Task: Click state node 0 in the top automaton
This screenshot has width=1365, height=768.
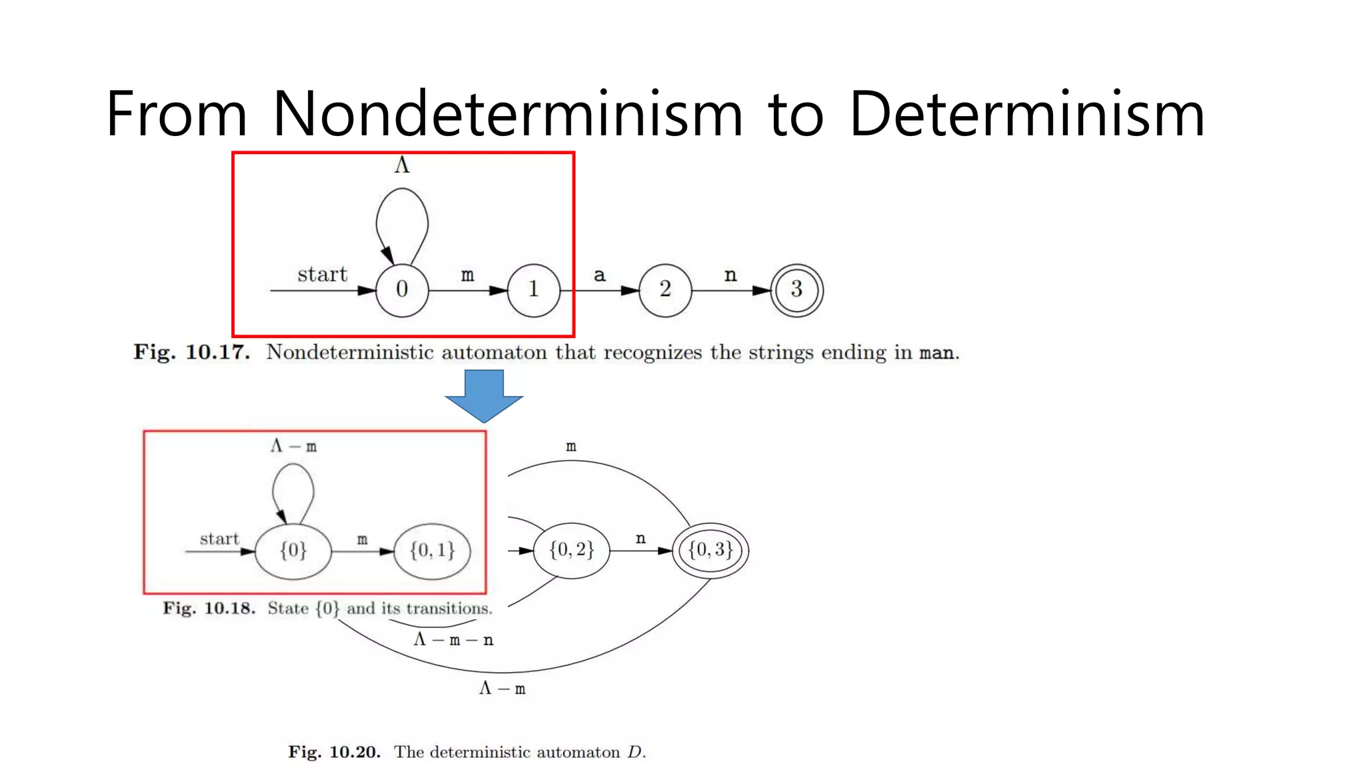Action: (x=402, y=290)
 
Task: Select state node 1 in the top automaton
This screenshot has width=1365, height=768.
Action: (x=533, y=290)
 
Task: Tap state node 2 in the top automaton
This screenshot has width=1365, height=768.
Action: (x=665, y=290)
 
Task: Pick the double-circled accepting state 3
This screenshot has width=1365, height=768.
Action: (x=796, y=290)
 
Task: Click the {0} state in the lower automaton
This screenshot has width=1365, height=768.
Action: (x=293, y=551)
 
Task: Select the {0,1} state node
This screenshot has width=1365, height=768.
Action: (x=432, y=551)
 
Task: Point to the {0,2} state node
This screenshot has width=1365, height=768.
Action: (x=571, y=551)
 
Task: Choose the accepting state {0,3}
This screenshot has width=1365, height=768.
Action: (x=710, y=551)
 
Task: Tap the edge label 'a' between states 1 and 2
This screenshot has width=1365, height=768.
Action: (x=600, y=275)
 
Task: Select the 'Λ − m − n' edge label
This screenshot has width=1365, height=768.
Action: (x=453, y=640)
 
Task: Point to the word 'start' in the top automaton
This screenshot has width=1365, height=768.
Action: (x=323, y=274)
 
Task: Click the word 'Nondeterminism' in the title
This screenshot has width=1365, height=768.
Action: (x=507, y=114)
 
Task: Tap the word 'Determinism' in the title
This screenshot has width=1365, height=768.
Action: (x=1026, y=114)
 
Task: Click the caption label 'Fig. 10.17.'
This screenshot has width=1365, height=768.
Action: (x=192, y=352)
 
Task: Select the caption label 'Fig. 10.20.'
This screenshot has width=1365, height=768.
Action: (x=334, y=752)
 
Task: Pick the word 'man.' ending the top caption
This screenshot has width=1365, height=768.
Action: (x=940, y=353)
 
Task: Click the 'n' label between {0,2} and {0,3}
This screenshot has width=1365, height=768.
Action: (x=641, y=539)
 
